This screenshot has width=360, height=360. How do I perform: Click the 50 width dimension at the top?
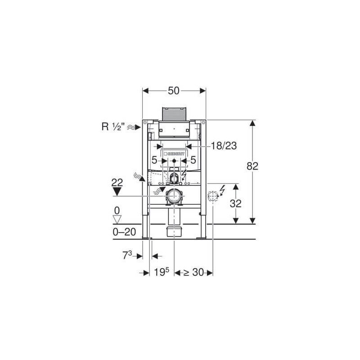(x=174, y=91)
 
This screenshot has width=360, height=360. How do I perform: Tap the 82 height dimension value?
(x=252, y=166)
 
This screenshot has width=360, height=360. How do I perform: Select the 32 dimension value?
(x=235, y=203)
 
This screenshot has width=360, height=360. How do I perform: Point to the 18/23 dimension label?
(x=224, y=145)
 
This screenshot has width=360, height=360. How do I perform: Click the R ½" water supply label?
(x=113, y=126)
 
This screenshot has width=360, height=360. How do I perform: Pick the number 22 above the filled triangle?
(x=117, y=183)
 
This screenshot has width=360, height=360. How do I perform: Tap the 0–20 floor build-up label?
(x=124, y=232)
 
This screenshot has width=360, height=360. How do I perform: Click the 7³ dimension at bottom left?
(x=127, y=255)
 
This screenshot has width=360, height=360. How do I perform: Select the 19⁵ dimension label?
(x=162, y=272)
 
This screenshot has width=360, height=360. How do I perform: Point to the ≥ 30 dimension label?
(x=193, y=272)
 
